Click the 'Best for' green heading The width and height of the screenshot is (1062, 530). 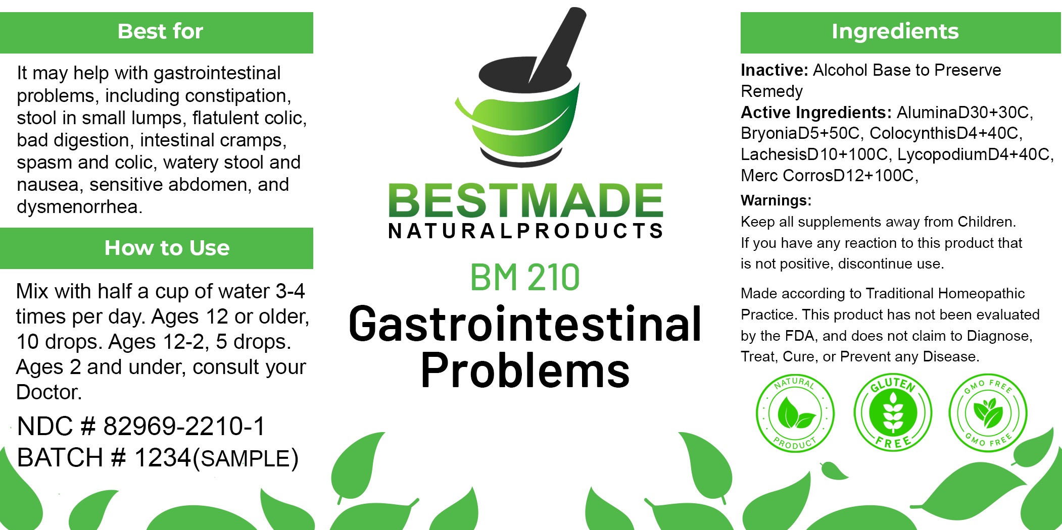coord(160,31)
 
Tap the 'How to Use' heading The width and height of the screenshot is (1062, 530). coord(167,248)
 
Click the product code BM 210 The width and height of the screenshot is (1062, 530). coord(525,277)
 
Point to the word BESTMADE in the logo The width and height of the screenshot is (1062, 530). coord(525,200)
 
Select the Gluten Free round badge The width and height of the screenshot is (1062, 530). coord(893,412)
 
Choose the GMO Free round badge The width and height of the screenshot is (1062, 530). coord(988,413)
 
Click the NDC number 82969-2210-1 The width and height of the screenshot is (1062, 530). coord(184,426)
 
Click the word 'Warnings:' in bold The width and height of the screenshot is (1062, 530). coord(776,200)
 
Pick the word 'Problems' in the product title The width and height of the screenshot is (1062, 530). coord(525,371)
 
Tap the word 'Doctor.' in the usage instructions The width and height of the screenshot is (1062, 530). coord(49,392)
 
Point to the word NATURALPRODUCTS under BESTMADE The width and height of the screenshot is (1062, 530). coord(525,231)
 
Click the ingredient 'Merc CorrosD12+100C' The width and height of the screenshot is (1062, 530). coord(827,175)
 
